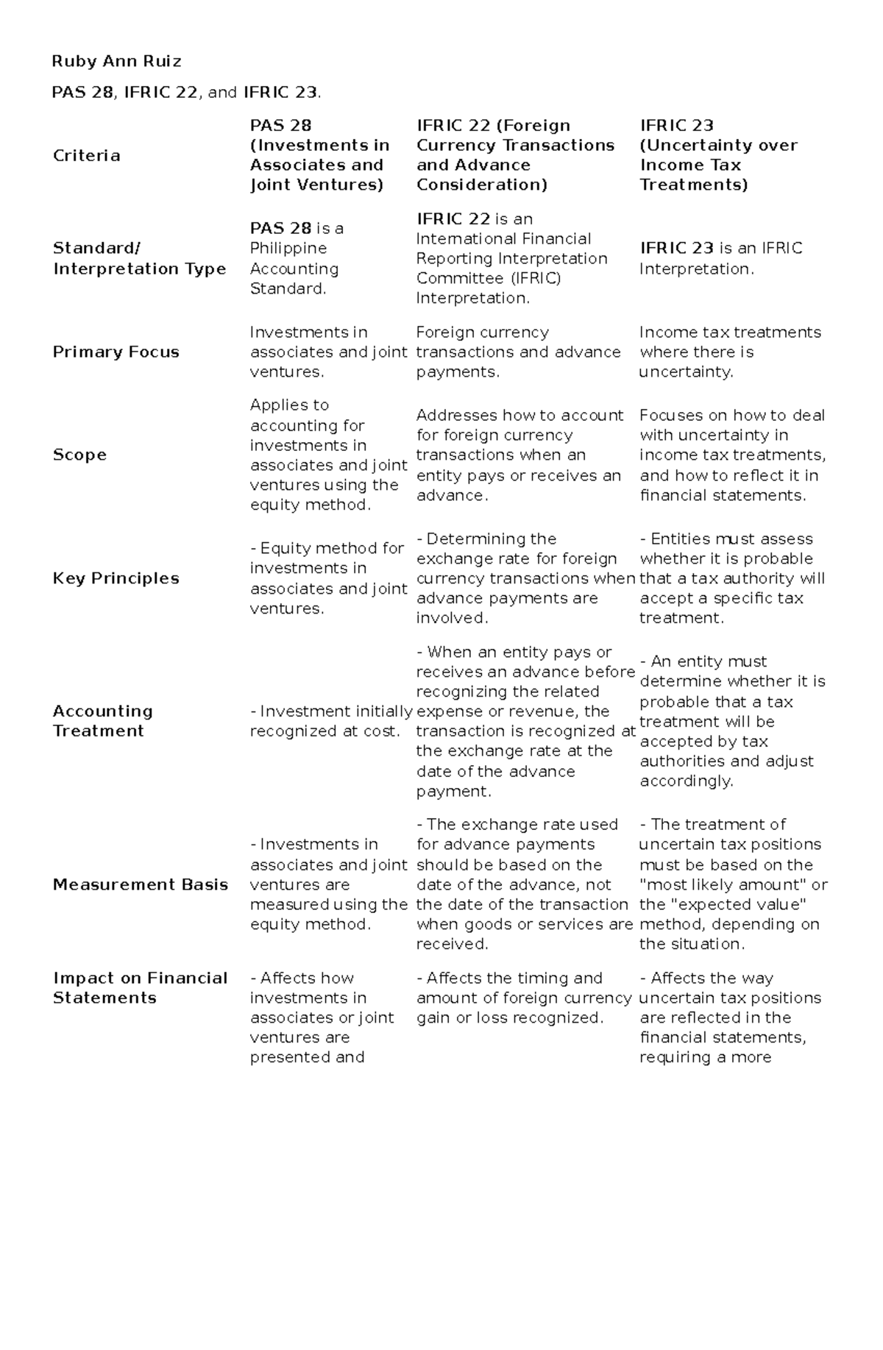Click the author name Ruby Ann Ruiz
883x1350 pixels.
(116, 61)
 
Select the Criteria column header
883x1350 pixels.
(86, 155)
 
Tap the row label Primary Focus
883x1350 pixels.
(116, 352)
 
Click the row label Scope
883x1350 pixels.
(79, 455)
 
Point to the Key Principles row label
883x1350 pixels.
(116, 578)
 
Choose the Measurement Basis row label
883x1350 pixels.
(140, 884)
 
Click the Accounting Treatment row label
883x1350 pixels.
(102, 721)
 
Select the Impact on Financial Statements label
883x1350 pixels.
(140, 987)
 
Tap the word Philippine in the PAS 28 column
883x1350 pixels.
(288, 249)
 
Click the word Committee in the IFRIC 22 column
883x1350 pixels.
(451, 278)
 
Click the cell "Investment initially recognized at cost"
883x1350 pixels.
(330, 721)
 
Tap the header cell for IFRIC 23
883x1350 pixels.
(718, 155)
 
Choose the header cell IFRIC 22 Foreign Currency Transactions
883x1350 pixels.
(515, 155)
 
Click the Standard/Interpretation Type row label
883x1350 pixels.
(139, 258)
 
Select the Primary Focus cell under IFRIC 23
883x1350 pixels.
(729, 352)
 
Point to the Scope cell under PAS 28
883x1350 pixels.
(328, 455)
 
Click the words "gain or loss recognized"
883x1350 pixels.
(509, 1017)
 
